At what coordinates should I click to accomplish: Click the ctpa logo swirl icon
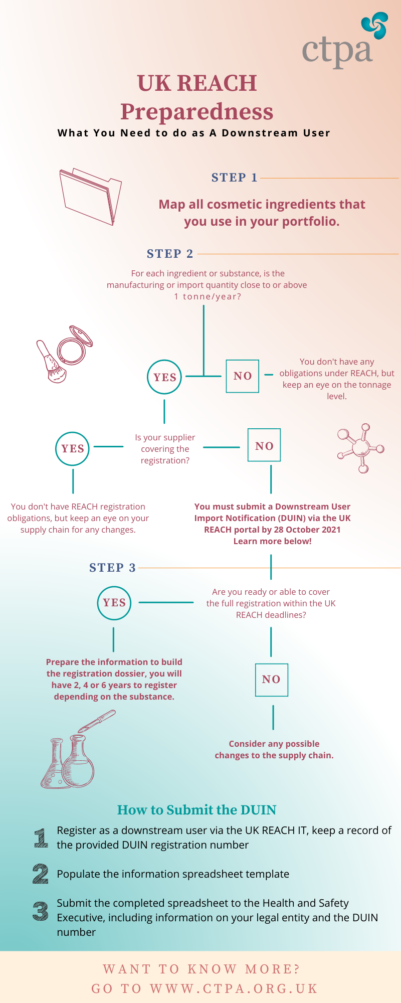[374, 26]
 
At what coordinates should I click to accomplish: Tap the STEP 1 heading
[234, 178]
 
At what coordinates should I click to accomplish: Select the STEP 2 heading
[170, 254]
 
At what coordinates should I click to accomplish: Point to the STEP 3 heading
[112, 568]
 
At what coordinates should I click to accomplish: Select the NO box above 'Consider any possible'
[272, 663]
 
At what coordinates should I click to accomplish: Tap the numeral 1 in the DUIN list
[41, 838]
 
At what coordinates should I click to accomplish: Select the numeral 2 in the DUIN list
[41, 874]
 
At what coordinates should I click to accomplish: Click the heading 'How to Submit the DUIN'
[197, 810]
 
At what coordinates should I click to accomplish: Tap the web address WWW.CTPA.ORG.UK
[234, 988]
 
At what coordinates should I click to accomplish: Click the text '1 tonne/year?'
[208, 296]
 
